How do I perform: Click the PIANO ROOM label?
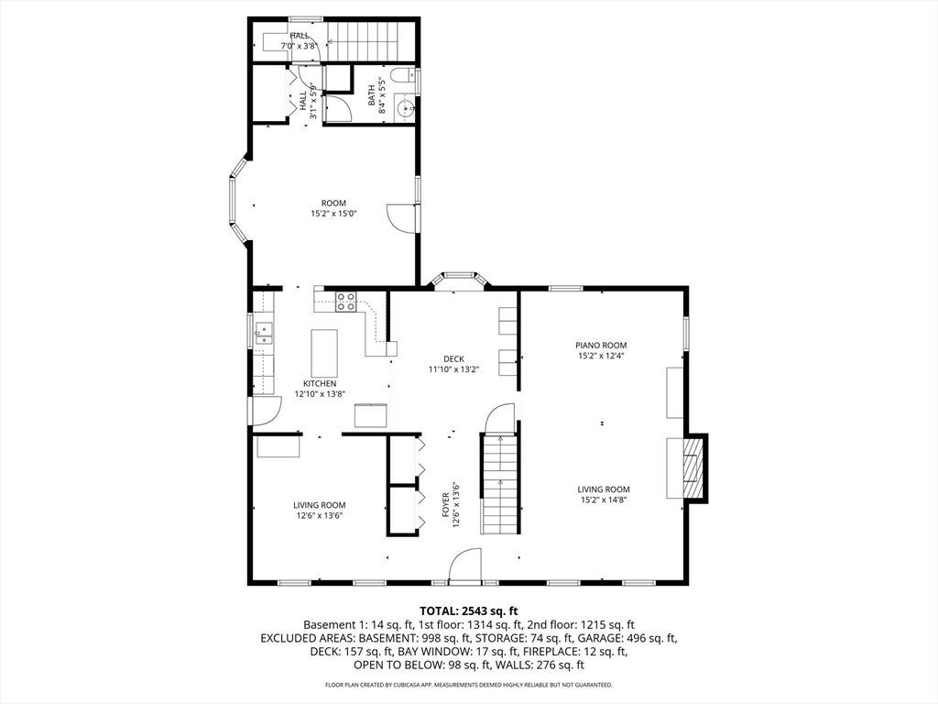601,346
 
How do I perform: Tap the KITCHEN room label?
320,384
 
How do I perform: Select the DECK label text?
453,359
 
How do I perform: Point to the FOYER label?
445,505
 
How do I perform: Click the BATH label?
371,94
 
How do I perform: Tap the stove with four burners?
345,301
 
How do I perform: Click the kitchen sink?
263,334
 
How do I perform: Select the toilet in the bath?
404,75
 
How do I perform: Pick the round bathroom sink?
405,109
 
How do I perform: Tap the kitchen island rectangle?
324,352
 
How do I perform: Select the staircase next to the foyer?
499,484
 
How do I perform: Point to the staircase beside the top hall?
370,41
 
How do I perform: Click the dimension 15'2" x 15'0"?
333,213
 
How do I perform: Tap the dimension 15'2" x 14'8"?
603,500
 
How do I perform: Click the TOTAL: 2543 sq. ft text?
468,611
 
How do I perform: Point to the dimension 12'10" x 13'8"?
320,394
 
